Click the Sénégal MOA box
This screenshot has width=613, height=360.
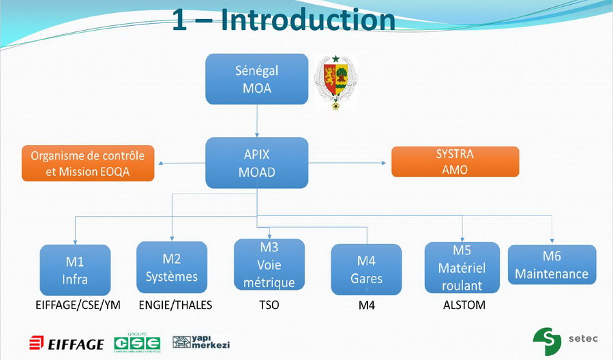pos(256,79)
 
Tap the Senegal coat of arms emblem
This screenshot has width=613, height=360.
pos(335,81)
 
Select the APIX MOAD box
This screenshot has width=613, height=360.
pos(256,163)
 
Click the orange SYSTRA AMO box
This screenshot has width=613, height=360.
pos(455,162)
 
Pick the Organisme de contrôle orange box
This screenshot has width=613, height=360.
pos(88,163)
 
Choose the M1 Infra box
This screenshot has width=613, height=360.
pos(75,269)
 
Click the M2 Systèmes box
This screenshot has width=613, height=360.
pos(172,267)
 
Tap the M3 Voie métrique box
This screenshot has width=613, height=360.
pos(269,265)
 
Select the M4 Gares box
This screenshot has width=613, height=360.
pos(366,269)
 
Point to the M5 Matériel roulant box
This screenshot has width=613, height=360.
pos(462,267)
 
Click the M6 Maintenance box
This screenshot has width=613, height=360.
pos(552,265)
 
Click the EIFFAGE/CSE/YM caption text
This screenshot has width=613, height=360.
pos(78,305)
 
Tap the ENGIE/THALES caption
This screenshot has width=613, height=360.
pos(175,305)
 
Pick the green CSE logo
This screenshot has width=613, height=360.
pos(137,342)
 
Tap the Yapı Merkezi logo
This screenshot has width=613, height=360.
pos(200,342)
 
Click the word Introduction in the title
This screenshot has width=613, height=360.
pos(308,20)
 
